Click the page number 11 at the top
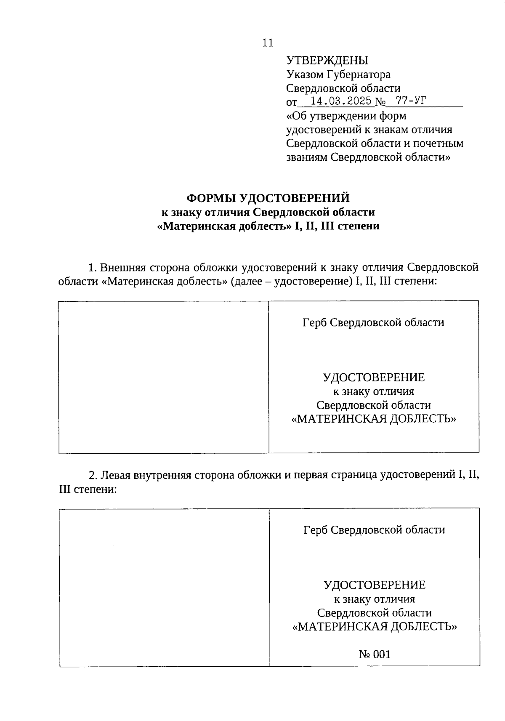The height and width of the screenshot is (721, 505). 268,43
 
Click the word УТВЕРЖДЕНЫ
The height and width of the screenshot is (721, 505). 327,61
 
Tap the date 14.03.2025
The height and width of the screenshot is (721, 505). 340,101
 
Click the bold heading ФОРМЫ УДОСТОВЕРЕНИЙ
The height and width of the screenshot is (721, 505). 268,198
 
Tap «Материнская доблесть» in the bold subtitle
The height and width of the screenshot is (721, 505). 224,226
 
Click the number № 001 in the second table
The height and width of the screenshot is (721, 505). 374,654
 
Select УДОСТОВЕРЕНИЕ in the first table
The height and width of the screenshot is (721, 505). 374,378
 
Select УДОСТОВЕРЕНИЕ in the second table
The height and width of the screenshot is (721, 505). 375,585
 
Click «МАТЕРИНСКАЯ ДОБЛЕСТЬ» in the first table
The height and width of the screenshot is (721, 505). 374,419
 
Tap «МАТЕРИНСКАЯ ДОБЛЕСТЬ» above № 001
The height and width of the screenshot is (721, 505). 375,627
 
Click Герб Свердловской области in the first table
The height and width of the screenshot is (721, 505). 373,323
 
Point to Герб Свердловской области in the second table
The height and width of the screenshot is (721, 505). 374,530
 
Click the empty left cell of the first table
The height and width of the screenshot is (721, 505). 164,377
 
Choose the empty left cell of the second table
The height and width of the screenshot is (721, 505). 164,587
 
